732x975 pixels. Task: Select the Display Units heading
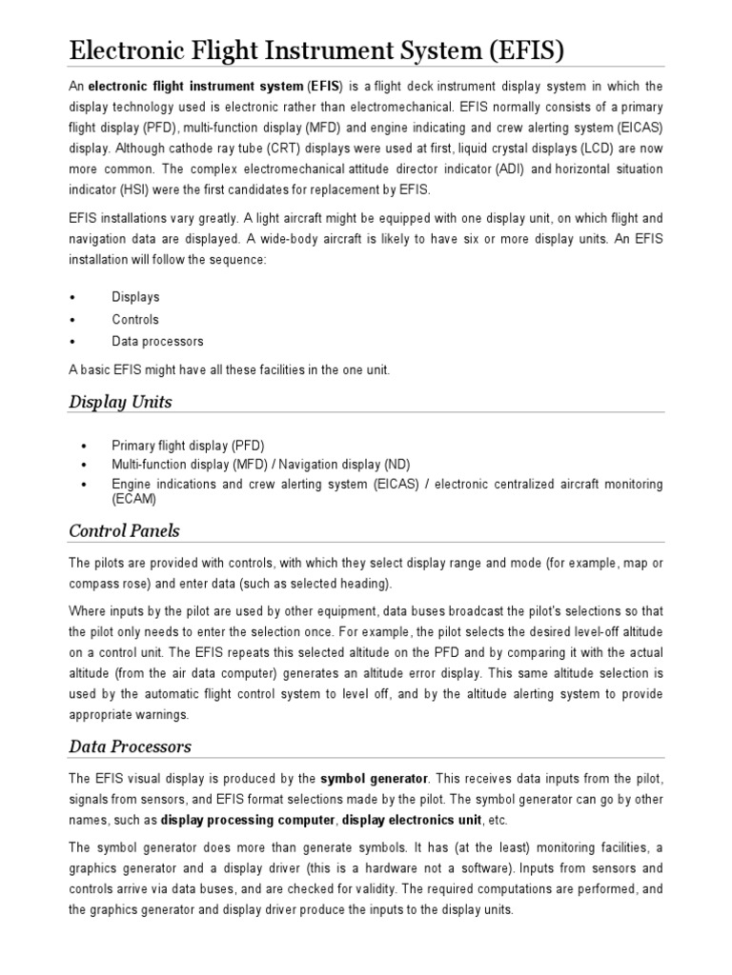(x=120, y=402)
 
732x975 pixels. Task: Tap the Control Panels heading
(x=124, y=530)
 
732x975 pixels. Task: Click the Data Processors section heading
(x=130, y=746)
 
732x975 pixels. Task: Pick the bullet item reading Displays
(x=135, y=297)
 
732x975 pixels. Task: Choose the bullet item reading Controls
(x=135, y=319)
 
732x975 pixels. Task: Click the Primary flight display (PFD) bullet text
(x=188, y=445)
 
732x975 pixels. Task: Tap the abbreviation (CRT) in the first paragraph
(x=312, y=148)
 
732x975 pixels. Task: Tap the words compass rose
(x=110, y=583)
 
